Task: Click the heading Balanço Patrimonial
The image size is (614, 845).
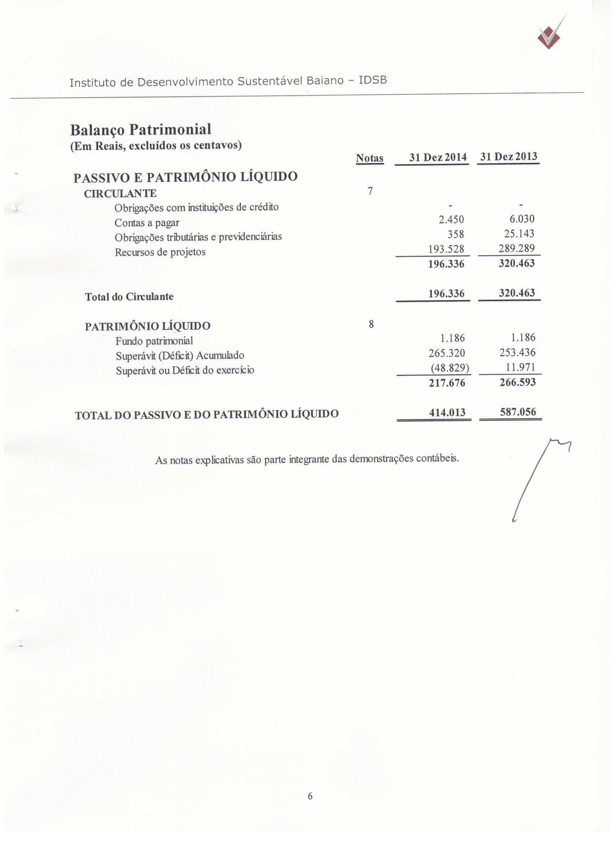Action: [x=140, y=130]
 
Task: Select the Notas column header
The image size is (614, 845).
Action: [x=369, y=158]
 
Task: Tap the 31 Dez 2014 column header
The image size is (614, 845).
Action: [x=438, y=157]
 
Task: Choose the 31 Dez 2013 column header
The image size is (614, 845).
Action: [x=509, y=156]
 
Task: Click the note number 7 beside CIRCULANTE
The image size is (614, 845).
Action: [x=370, y=191]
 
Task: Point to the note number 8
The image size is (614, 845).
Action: [x=371, y=324]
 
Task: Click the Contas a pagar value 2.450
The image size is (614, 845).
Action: [x=451, y=220]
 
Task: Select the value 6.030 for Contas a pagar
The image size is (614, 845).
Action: [x=522, y=219]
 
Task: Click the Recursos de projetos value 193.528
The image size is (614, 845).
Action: [x=446, y=249]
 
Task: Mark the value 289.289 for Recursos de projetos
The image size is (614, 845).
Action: [x=516, y=248]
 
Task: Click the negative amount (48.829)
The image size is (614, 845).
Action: [x=450, y=368]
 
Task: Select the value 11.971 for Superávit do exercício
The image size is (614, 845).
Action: [x=520, y=367]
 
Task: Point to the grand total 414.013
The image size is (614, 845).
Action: [x=447, y=412]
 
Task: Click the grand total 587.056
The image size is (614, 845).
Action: [x=518, y=412]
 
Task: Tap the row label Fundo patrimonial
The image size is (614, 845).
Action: [x=154, y=341]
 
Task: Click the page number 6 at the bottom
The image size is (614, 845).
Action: [x=310, y=796]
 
